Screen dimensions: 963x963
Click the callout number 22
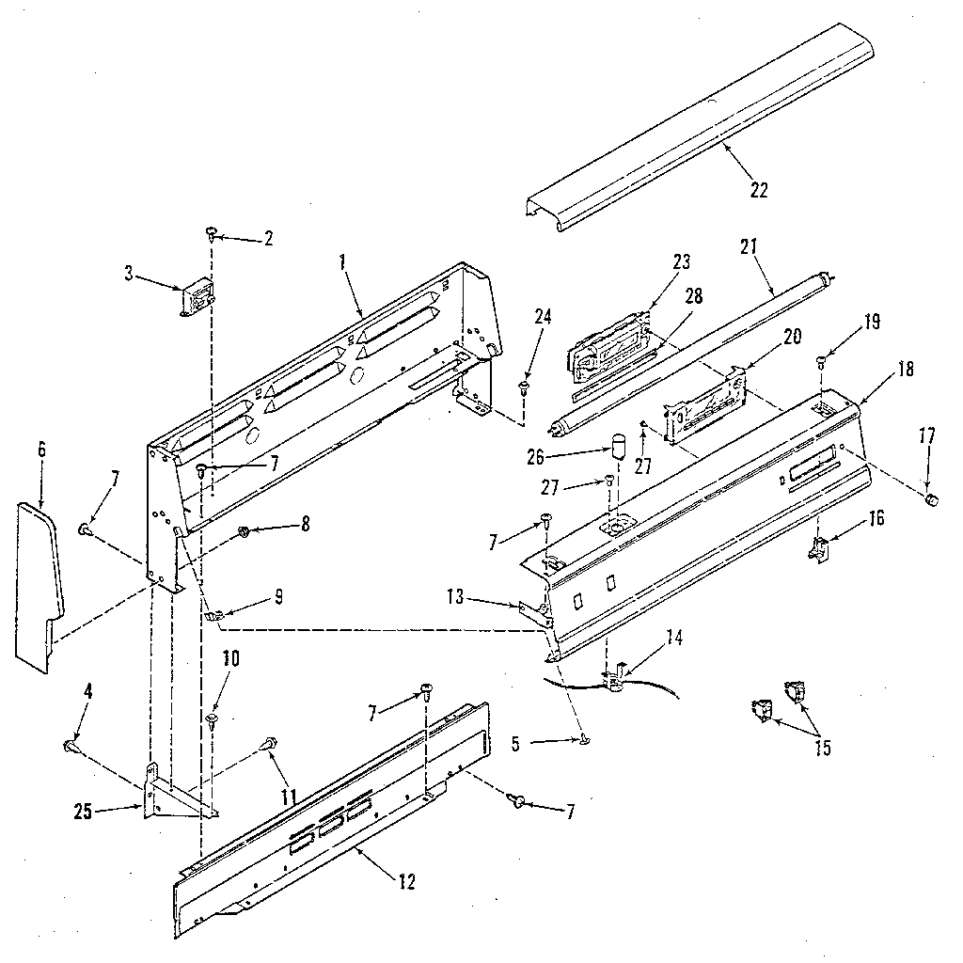[759, 190]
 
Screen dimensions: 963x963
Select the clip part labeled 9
[213, 616]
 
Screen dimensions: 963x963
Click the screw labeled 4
[70, 745]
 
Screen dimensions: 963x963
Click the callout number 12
[406, 882]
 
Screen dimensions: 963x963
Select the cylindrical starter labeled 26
[619, 445]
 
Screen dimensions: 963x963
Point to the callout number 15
[821, 750]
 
